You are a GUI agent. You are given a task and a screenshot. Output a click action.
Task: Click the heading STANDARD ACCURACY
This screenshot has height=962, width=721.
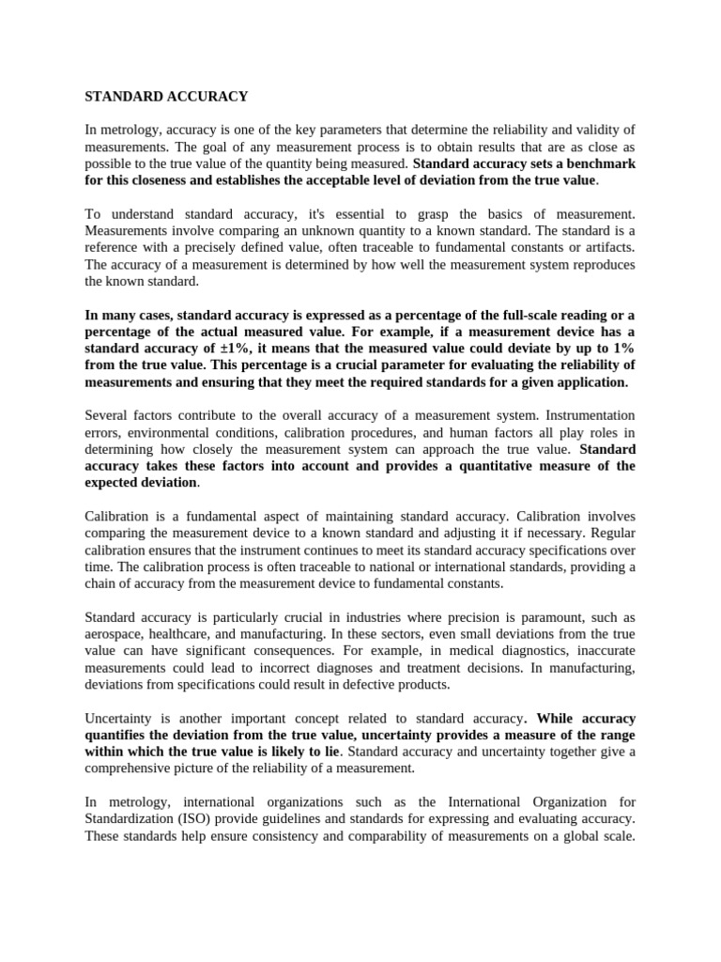[166, 96]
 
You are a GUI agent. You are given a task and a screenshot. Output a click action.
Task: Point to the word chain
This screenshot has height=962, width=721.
[104, 583]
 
